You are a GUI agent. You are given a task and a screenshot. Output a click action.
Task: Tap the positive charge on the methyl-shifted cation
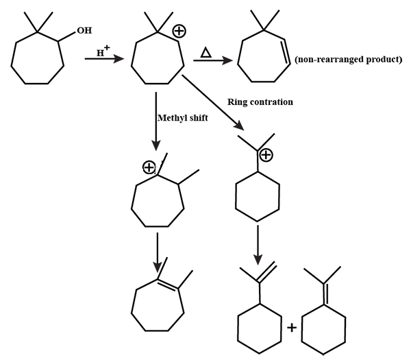(x=148, y=167)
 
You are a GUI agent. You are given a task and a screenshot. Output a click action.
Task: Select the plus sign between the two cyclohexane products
(x=291, y=327)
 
